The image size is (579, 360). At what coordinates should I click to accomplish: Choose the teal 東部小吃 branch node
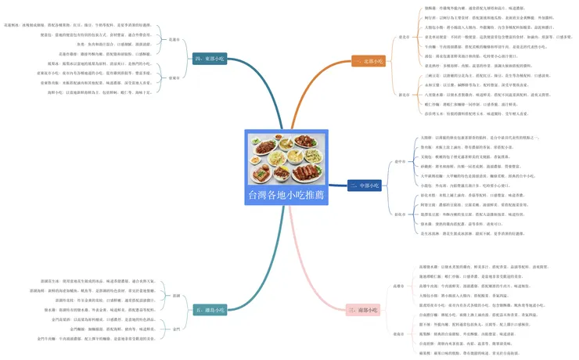[210, 57]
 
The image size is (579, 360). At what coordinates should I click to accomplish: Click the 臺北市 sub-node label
[404, 37]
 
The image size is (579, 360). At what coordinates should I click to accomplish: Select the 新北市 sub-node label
[404, 95]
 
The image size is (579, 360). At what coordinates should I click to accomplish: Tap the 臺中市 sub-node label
[400, 162]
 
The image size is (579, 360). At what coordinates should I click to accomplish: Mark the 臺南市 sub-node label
[398, 334]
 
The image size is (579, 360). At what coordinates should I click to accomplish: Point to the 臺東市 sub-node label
[174, 78]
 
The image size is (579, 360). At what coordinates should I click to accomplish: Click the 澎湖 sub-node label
[177, 296]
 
